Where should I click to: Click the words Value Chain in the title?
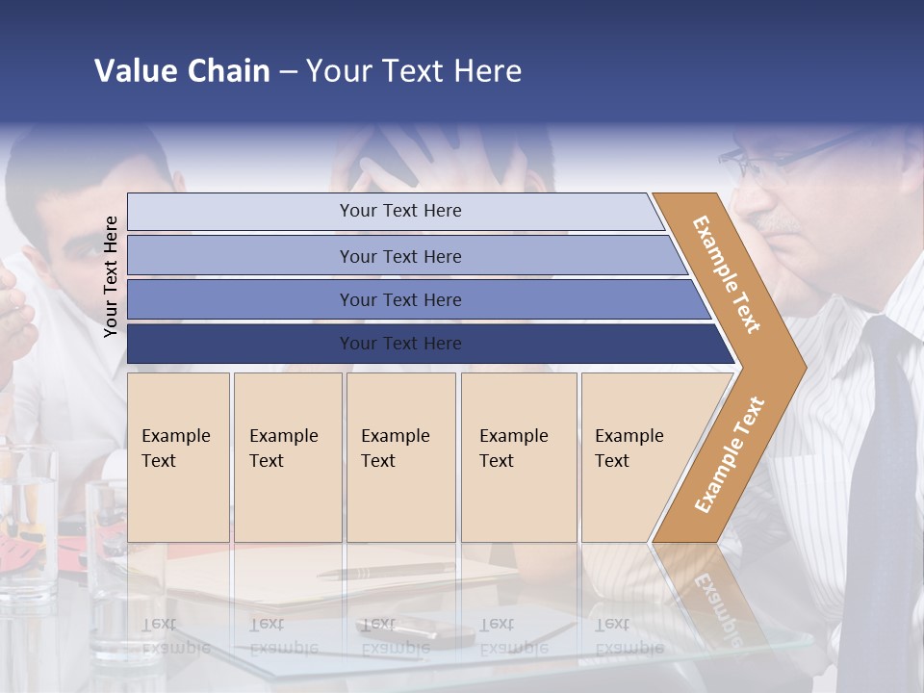(182, 71)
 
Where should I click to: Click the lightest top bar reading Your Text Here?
(400, 211)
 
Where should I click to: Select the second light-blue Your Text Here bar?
(400, 256)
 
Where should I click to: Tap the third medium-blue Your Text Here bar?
(400, 299)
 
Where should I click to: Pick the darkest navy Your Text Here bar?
(400, 344)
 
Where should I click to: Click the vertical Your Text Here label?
(111, 276)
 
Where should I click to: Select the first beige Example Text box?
(178, 456)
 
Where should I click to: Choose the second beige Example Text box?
(287, 456)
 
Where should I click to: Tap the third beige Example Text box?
(400, 456)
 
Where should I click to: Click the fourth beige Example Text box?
(518, 456)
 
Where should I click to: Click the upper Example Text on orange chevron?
(727, 274)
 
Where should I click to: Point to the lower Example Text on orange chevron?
(729, 455)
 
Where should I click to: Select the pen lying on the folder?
(385, 572)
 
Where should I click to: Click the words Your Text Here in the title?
(414, 71)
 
